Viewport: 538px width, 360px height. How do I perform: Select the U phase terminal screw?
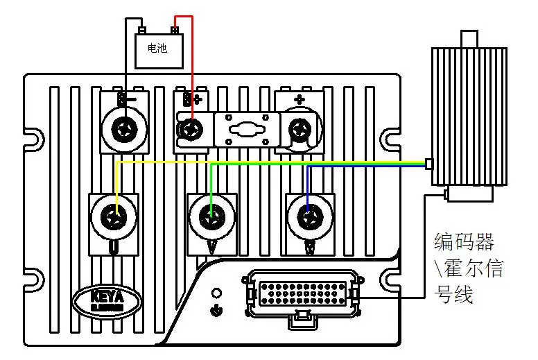[x=115, y=217]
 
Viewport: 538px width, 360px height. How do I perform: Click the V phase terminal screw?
[x=211, y=218]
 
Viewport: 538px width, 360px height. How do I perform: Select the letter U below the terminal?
[x=114, y=248]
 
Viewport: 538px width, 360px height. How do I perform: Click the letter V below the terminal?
[x=211, y=248]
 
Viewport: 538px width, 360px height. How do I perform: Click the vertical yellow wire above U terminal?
[x=115, y=184]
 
